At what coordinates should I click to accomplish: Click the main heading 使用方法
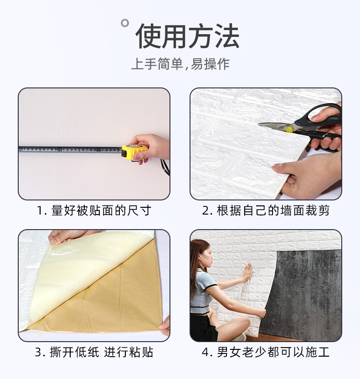pos(187,36)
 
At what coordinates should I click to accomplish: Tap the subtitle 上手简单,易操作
pos(180,64)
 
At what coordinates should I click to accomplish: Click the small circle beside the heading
pos(124,23)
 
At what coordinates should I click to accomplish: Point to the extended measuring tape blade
pos(68,149)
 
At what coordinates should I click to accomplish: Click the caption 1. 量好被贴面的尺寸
pos(94,210)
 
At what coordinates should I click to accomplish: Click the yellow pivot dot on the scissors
pos(289,129)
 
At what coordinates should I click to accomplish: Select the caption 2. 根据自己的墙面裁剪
pos(266,210)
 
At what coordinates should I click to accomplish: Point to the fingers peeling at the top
pos(68,236)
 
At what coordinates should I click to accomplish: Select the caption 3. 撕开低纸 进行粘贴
pos(94,352)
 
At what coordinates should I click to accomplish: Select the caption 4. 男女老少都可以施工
pos(266,352)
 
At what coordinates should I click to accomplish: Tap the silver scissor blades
pos(273,125)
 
